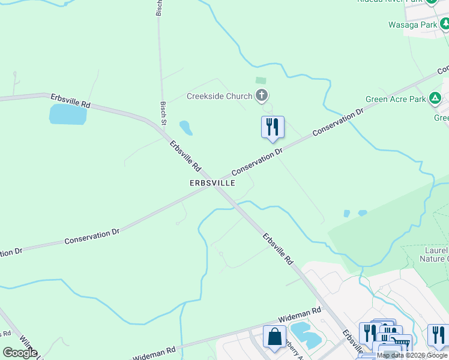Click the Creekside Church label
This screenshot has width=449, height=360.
(x=220, y=95)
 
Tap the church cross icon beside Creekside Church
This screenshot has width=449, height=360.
(x=261, y=95)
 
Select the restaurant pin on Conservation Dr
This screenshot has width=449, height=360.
(x=273, y=127)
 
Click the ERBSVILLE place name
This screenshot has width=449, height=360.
(x=213, y=182)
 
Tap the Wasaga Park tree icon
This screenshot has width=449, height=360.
(x=445, y=24)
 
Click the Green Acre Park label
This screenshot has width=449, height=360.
(x=396, y=99)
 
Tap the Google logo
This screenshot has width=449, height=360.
(x=20, y=353)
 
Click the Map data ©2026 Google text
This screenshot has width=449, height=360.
(x=412, y=356)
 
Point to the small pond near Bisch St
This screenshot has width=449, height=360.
(x=185, y=128)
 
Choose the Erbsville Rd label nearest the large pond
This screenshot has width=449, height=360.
(x=70, y=101)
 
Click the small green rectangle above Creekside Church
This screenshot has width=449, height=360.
(x=261, y=80)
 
